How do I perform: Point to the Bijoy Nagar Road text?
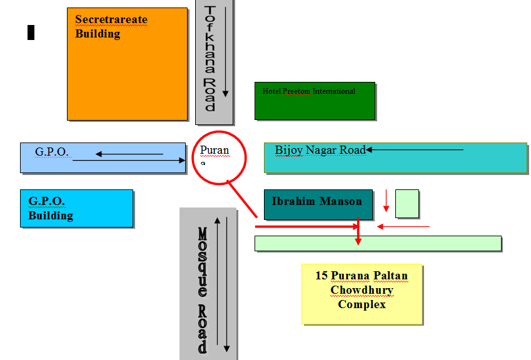[320, 150]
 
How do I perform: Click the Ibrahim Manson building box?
[318, 205]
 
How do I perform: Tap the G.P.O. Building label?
[51, 209]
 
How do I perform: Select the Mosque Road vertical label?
[202, 291]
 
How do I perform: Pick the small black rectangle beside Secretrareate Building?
[31, 32]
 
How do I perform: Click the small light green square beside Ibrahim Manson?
[407, 204]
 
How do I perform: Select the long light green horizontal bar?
[378, 243]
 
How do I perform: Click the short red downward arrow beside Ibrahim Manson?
[387, 201]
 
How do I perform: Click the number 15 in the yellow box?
[321, 276]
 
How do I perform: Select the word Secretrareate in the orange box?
[111, 19]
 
